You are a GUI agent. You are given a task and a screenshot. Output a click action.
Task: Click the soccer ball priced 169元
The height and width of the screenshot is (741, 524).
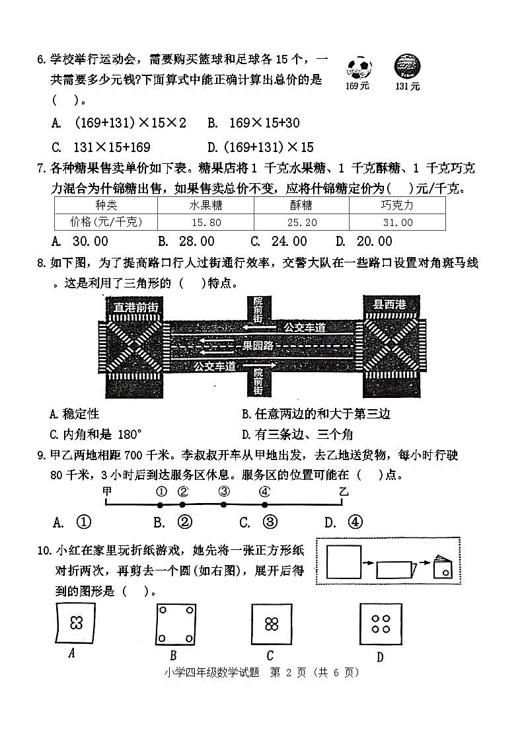pos(358,67)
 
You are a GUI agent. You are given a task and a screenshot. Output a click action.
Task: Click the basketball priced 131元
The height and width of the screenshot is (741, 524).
pos(407,67)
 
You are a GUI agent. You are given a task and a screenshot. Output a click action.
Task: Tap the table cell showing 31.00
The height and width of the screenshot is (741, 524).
pos(396,223)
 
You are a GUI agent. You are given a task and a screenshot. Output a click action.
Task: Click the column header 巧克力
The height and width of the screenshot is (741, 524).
pos(396,206)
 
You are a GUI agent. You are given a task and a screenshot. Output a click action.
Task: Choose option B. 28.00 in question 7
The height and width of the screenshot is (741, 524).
pos(187,241)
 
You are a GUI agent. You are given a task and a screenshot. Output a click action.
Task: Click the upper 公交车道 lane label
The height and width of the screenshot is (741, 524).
pos(305,327)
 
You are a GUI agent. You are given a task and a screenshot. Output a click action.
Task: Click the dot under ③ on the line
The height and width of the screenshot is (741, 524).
pos(223,504)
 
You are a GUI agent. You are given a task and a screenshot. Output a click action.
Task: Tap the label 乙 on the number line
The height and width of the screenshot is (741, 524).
pos(342,490)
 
